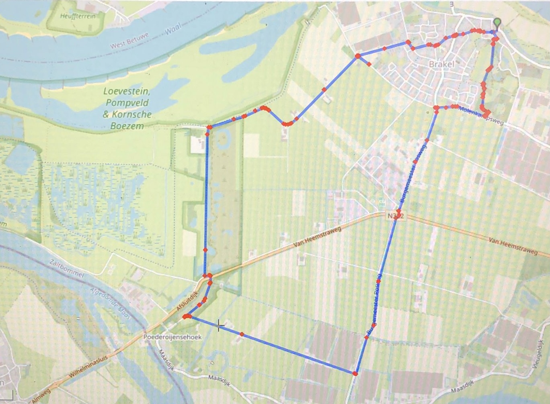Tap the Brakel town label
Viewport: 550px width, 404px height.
441,64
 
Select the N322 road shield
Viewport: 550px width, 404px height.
396,216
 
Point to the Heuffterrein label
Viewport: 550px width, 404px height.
78,16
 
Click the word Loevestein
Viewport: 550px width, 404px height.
126,92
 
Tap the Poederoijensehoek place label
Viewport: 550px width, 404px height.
172,337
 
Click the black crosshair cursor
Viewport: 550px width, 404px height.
219,326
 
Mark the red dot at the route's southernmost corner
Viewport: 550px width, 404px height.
355,373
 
